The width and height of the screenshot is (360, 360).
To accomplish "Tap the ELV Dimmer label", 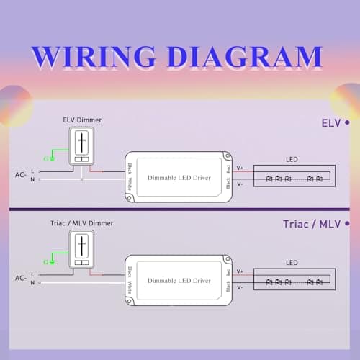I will pos(81,120).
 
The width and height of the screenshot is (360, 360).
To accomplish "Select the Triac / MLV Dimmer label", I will pos(82,223).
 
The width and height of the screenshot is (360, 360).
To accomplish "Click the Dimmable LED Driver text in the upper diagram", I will pos(179,176).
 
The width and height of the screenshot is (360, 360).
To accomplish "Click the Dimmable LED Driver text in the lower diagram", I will pos(179,279).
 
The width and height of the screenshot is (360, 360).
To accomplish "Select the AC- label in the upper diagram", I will pos(22,175).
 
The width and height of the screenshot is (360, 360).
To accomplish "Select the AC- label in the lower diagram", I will pos(22,278).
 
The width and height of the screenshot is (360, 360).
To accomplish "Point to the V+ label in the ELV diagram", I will pos(240,168).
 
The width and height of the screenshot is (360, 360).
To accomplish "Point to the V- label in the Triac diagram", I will pos(240,287).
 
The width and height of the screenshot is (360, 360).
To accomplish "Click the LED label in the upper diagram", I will pos(291,160).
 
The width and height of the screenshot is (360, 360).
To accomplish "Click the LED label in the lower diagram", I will pos(291,263).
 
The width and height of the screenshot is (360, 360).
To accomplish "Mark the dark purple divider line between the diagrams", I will pos(180,210).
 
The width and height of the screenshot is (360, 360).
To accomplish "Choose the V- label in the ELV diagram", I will pos(240,184).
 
